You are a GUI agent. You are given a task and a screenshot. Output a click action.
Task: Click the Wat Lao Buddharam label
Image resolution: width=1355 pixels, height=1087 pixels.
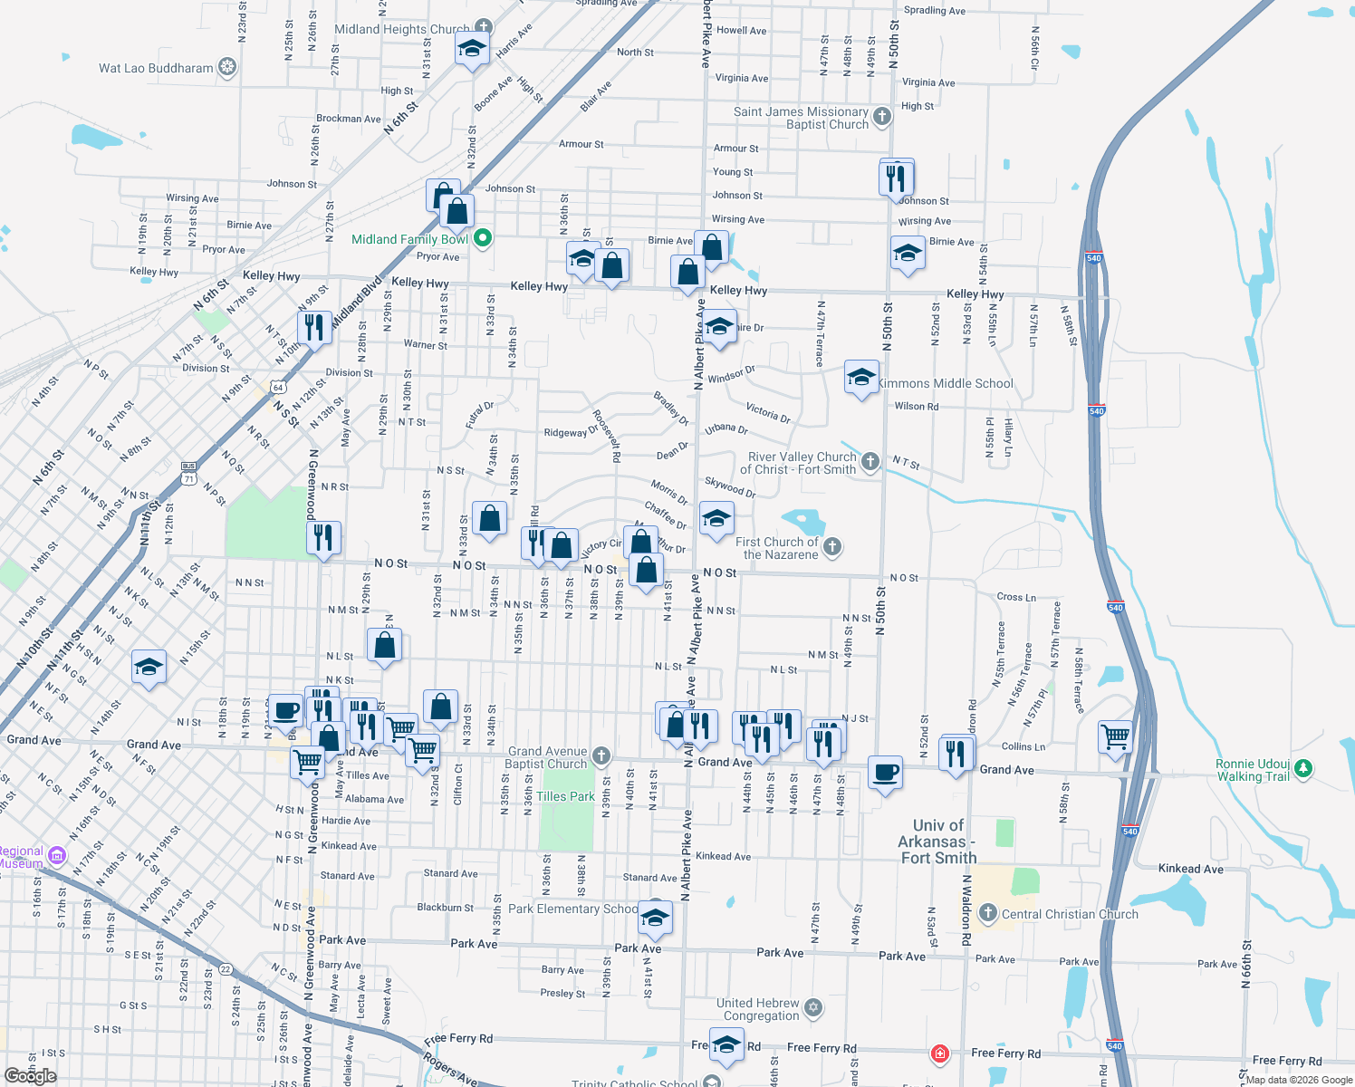pyautogui.click(x=156, y=68)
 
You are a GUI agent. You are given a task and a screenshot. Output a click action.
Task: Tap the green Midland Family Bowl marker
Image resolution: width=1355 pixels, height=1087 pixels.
pyautogui.click(x=483, y=238)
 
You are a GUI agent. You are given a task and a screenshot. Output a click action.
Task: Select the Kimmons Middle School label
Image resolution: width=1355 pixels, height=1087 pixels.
pyautogui.click(x=945, y=383)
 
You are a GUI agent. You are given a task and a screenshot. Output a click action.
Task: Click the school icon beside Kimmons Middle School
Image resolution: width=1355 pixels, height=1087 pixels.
pyautogui.click(x=860, y=377)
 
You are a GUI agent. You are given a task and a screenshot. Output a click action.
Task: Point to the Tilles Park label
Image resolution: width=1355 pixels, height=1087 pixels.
pyautogui.click(x=565, y=796)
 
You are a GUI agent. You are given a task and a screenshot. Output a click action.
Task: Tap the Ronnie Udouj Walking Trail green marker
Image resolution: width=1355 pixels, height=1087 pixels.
pyautogui.click(x=1303, y=768)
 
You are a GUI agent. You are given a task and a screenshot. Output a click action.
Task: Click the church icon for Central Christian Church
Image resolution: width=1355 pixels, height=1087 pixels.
pyautogui.click(x=988, y=913)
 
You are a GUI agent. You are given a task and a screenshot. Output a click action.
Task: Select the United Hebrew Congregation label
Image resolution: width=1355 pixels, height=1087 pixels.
pyautogui.click(x=758, y=1009)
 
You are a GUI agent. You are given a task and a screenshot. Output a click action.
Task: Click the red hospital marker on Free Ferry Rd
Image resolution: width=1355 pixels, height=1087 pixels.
pyautogui.click(x=940, y=1053)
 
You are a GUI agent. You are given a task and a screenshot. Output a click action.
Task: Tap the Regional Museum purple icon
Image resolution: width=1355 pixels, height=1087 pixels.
pyautogui.click(x=57, y=855)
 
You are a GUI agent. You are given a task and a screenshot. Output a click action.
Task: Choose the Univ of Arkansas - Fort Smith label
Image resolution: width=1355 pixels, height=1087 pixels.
pyautogui.click(x=937, y=842)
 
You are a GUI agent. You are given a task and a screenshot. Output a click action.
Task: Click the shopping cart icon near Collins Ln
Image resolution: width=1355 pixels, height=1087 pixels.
pyautogui.click(x=1116, y=736)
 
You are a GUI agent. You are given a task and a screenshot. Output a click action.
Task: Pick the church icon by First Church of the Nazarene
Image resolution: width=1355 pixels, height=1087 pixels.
pyautogui.click(x=832, y=546)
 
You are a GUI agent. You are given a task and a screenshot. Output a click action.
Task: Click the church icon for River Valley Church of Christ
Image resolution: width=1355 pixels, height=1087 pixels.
pyautogui.click(x=870, y=462)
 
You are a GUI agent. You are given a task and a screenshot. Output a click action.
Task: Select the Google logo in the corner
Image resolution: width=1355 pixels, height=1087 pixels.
pyautogui.click(x=31, y=1076)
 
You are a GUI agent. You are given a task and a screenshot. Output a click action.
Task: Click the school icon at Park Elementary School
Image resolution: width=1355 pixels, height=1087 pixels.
pyautogui.click(x=655, y=918)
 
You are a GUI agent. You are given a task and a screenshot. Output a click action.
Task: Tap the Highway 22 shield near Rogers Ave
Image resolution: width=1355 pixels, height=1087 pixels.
pyautogui.click(x=226, y=969)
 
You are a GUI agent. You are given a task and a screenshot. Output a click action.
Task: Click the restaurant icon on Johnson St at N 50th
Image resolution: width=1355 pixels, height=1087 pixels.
pyautogui.click(x=896, y=176)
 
